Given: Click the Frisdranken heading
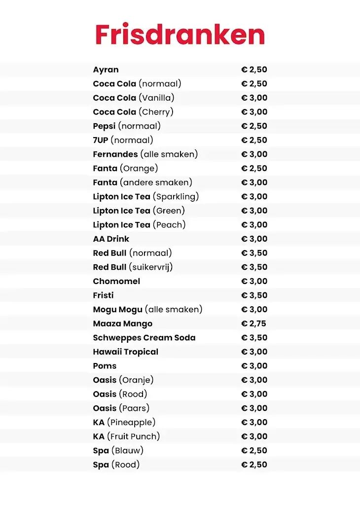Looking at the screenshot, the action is (x=180, y=35).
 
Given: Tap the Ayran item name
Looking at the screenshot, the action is (x=106, y=70).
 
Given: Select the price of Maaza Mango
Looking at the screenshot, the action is (x=254, y=324).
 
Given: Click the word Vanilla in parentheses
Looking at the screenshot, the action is (x=156, y=98).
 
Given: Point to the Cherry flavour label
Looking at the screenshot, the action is (x=156, y=112).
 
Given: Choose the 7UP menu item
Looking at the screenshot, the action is (x=101, y=140).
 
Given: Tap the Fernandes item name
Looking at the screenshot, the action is (x=115, y=154).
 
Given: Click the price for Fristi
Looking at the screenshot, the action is (x=254, y=295).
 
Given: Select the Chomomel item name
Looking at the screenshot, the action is (x=116, y=281).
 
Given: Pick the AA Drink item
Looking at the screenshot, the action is (x=111, y=239).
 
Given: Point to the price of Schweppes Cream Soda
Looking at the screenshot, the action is (x=254, y=338).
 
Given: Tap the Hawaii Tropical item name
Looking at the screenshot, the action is (x=125, y=352).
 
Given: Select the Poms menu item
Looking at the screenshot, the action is (x=105, y=366).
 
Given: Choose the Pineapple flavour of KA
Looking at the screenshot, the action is (x=131, y=422).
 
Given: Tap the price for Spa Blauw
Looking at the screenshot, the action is (x=254, y=450).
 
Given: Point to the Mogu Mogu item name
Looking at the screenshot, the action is (x=117, y=309).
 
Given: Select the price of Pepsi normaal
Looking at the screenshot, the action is (x=254, y=126).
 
